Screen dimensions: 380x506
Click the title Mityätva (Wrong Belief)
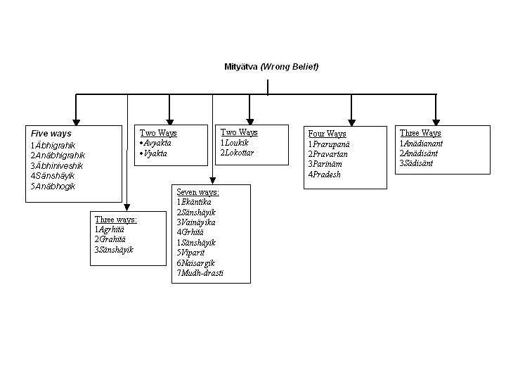[x=271, y=67]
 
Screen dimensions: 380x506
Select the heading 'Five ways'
[x=51, y=133]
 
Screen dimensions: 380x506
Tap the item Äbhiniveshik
[x=58, y=165]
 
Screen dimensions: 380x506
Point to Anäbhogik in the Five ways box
[x=55, y=186]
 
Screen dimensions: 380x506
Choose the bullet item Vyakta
[x=155, y=153]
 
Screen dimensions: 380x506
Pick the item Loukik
[x=236, y=142]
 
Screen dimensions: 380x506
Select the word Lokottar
[x=239, y=153]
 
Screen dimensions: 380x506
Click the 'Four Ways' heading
[x=327, y=134]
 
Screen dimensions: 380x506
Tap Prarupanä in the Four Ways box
[x=330, y=144]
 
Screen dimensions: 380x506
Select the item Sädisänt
[x=419, y=163]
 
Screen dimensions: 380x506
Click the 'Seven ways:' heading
[x=198, y=192]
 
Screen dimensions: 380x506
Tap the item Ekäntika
[x=196, y=202]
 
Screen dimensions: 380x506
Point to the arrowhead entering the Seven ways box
[x=212, y=180]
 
